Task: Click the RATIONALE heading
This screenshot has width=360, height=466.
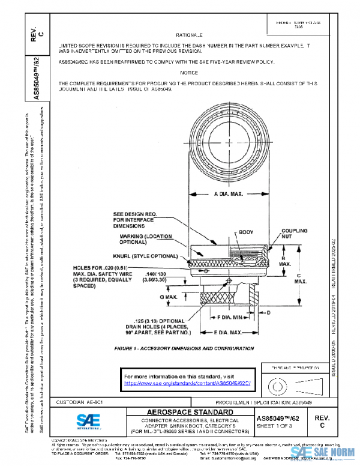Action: click(193, 35)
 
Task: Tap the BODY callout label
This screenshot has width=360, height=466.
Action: click(246, 232)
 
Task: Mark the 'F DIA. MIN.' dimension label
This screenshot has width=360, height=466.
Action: click(230, 316)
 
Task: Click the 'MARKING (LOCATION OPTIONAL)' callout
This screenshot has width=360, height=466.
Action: click(140, 240)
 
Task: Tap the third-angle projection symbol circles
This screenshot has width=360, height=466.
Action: click(277, 383)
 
